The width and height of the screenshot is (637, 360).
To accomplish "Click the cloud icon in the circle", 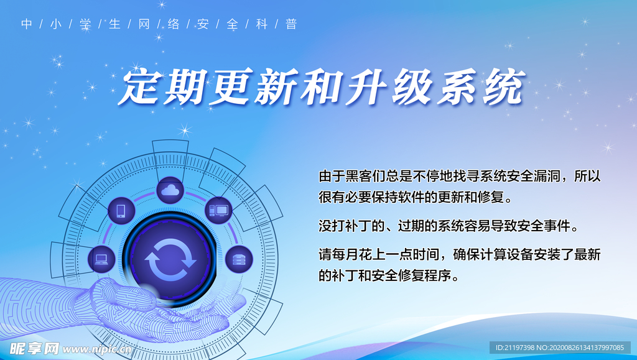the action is tap(170, 190).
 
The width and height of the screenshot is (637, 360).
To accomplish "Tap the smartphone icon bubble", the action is tap(121, 211).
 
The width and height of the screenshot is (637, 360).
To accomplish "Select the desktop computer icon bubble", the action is tap(218, 210).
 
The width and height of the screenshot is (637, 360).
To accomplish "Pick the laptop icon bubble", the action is tap(101, 259).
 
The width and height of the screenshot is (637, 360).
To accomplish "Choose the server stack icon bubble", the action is tap(239, 259).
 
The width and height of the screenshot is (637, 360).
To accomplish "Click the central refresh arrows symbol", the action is tap(170, 260).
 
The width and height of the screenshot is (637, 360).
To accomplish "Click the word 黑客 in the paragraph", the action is tap(358, 176).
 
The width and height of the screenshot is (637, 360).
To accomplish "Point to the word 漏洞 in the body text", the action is tap(546, 176).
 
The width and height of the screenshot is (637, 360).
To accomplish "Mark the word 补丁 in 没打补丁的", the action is tap(358, 226).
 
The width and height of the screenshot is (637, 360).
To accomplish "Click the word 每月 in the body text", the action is tap(345, 254).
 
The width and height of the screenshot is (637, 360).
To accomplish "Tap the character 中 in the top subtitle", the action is tap(26, 24).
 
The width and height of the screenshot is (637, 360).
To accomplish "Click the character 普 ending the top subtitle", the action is tap(291, 24).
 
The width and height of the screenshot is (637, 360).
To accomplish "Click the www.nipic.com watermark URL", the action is tap(97, 349).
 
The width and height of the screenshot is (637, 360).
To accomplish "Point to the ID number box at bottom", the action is tap(560, 348).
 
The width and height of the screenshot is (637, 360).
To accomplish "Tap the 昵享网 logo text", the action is tap(34, 349).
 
